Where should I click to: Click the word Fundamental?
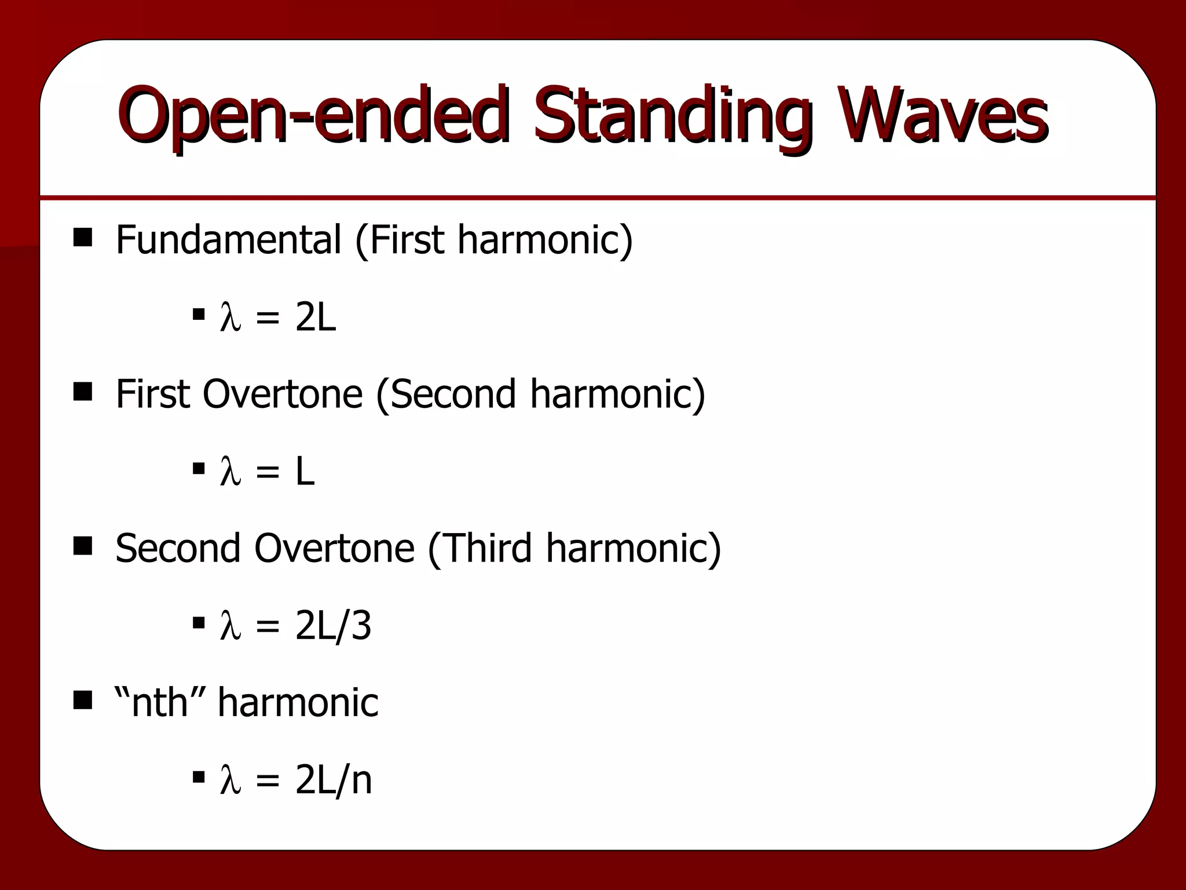(x=228, y=239)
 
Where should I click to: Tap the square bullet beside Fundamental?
(x=83, y=238)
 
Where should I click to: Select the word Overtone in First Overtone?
(x=282, y=394)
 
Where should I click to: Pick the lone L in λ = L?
(x=305, y=472)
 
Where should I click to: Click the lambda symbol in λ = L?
(x=230, y=472)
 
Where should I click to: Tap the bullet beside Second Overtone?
(x=83, y=546)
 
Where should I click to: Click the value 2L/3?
(x=333, y=626)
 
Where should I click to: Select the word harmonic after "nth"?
(x=298, y=702)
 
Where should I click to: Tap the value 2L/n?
(x=333, y=780)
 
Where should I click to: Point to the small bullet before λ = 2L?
(x=199, y=315)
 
